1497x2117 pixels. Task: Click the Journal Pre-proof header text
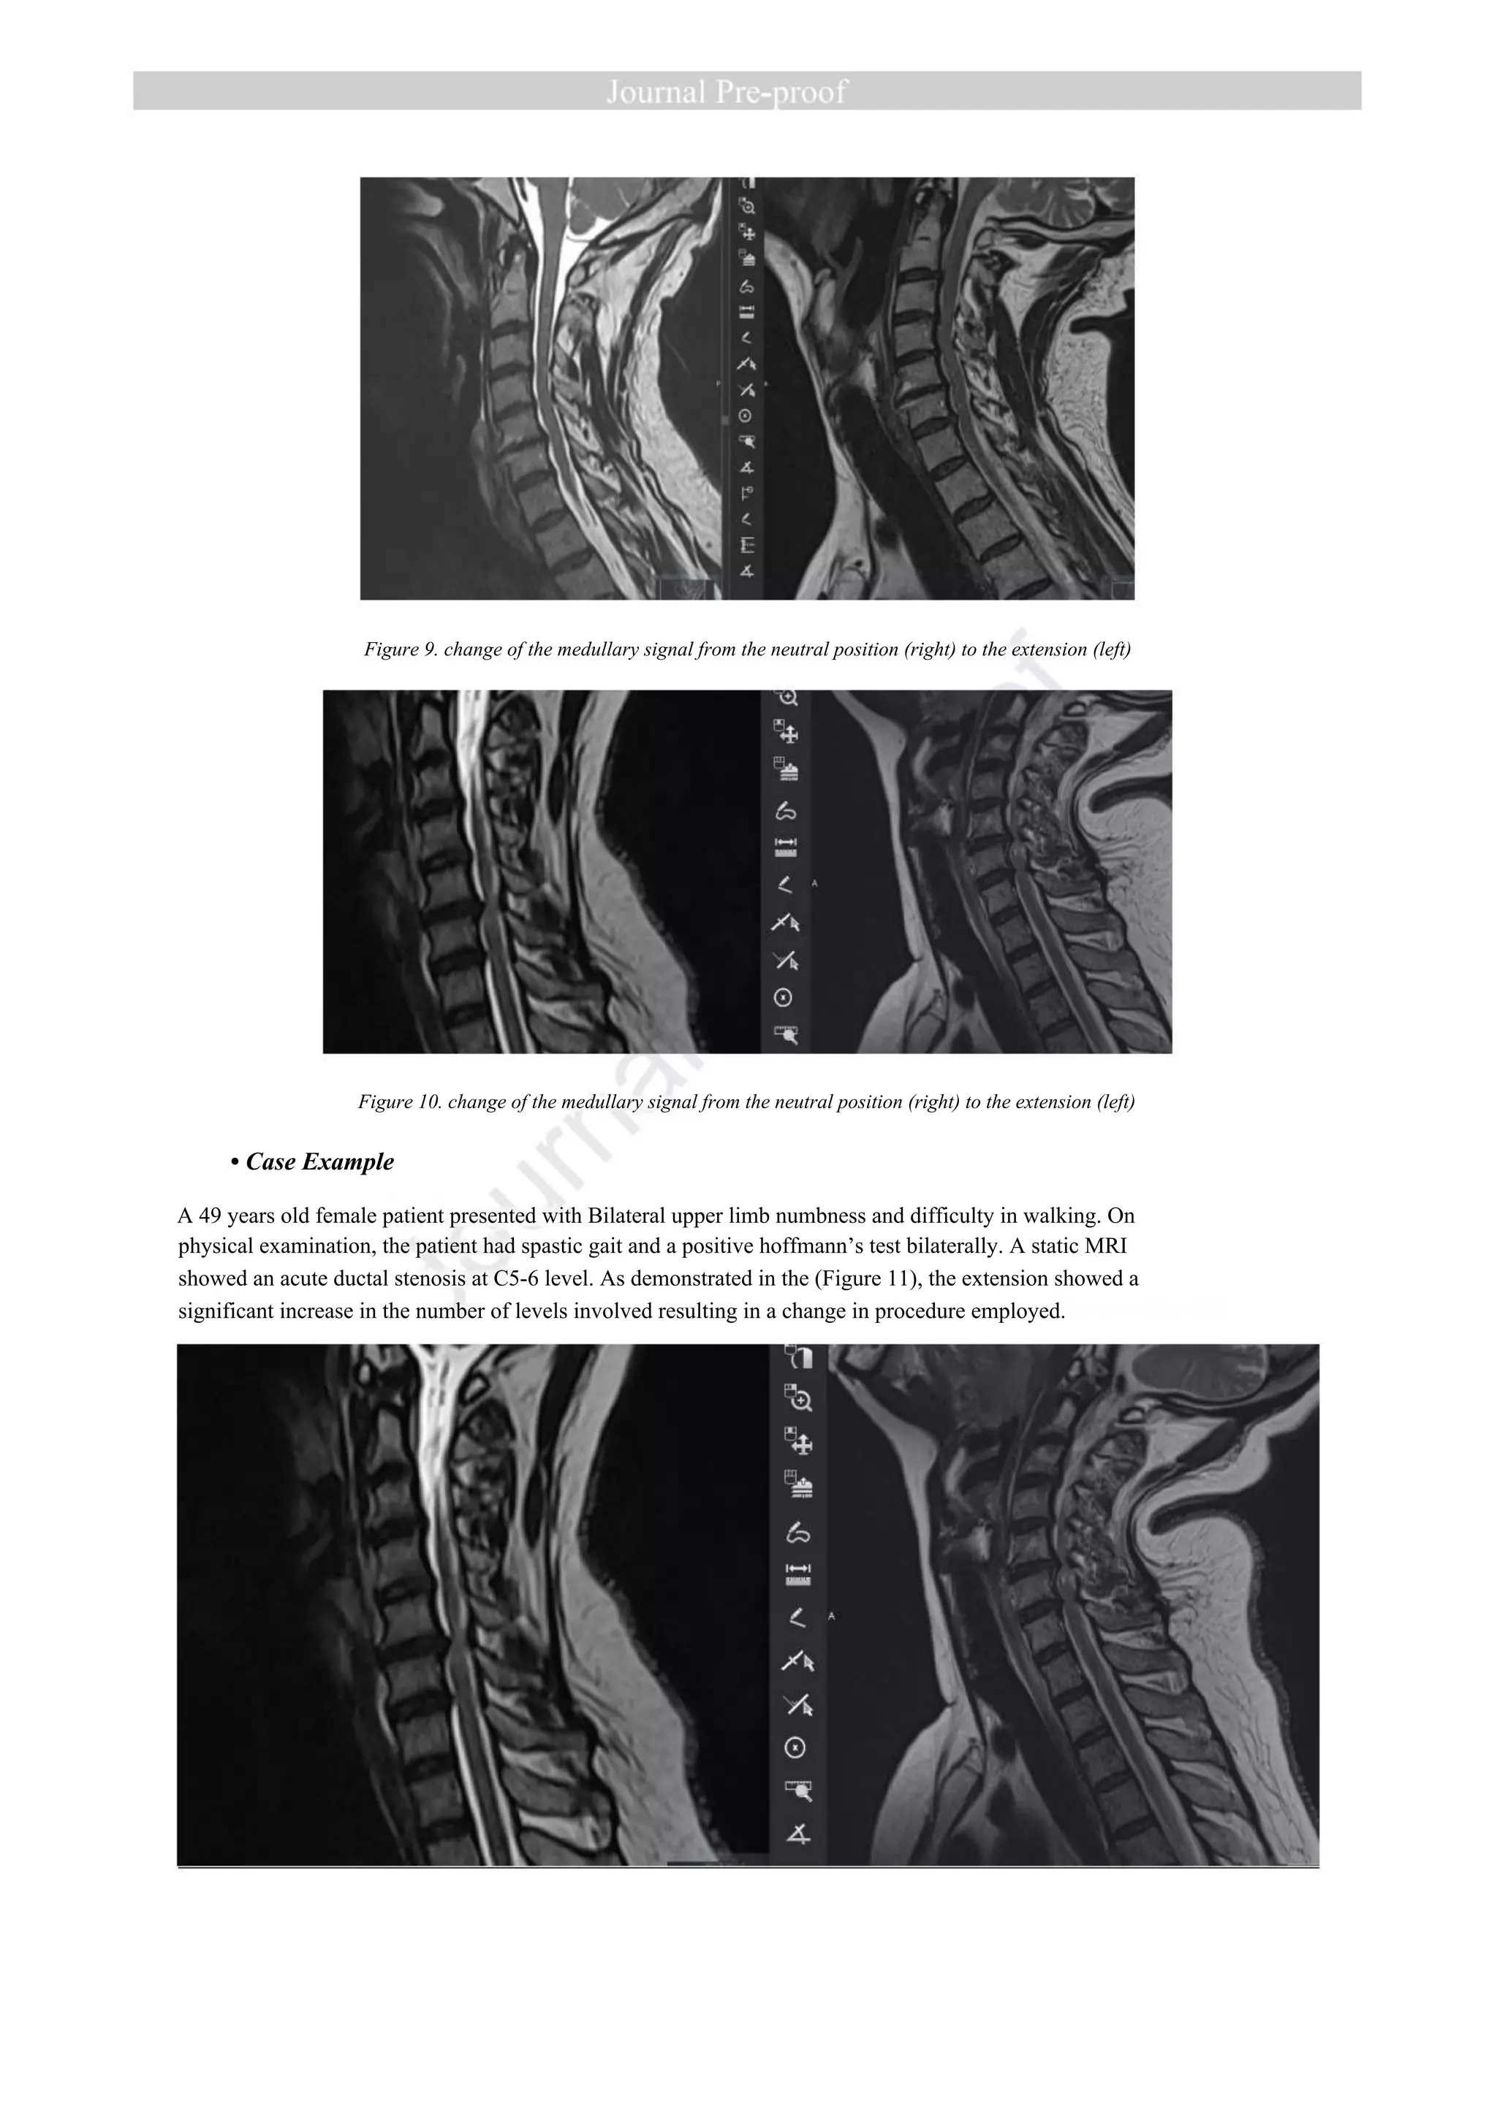click(x=726, y=91)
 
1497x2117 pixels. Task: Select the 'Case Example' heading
click(x=319, y=1162)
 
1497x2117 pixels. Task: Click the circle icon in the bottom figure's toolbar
click(x=795, y=1747)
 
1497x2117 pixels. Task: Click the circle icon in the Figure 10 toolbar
click(x=784, y=998)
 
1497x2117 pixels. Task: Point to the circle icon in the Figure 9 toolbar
click(x=746, y=416)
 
